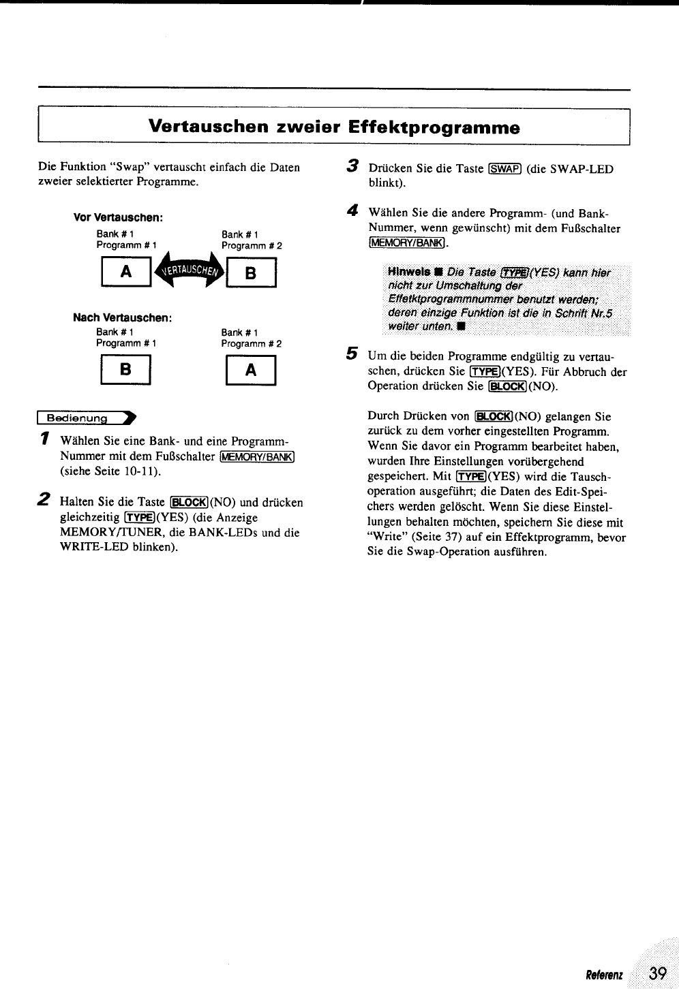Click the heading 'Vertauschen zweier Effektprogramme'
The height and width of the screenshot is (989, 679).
[x=334, y=127]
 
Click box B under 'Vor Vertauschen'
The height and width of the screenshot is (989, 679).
[x=251, y=273]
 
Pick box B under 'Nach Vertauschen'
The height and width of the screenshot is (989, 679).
[x=125, y=371]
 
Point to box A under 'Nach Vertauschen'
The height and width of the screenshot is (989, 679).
[x=251, y=371]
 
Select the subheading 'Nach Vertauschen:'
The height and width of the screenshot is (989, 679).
[x=122, y=318]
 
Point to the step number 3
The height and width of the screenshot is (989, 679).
[x=352, y=166]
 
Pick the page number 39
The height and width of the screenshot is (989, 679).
[x=657, y=973]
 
